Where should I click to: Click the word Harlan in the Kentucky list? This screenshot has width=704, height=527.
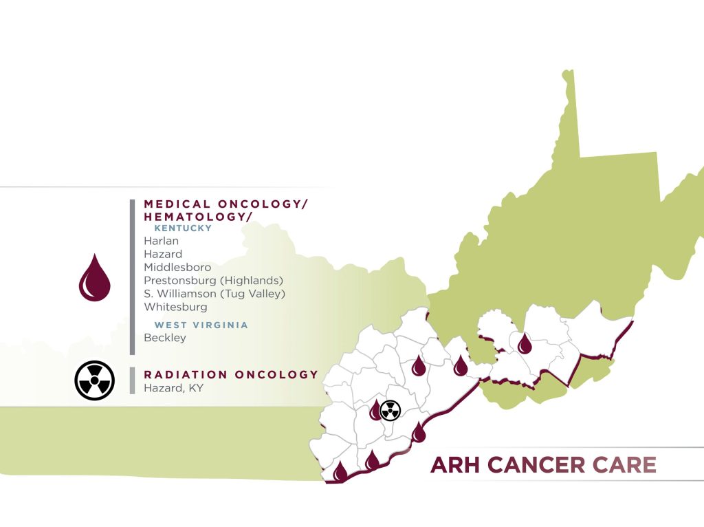[161, 241]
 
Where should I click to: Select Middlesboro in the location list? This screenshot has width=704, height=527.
[177, 267]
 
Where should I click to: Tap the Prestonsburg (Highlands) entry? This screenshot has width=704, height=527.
[213, 280]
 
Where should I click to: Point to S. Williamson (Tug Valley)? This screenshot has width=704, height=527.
[214, 294]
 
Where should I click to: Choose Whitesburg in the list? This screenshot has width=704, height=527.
[175, 307]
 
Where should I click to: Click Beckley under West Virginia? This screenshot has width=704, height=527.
[164, 338]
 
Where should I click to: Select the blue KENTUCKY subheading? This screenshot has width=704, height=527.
[183, 228]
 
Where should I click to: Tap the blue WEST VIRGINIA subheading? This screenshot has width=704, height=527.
[201, 325]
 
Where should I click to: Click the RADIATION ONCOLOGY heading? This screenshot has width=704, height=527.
[231, 375]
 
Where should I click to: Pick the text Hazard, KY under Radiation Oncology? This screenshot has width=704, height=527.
[173, 388]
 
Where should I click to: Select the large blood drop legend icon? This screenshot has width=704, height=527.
[95, 279]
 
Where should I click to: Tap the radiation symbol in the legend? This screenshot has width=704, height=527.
[94, 380]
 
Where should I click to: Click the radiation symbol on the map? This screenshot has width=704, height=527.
[390, 411]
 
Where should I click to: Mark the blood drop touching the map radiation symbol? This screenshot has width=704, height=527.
[375, 411]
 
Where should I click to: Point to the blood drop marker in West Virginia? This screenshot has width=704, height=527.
[525, 343]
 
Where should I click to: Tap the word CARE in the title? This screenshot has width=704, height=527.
[628, 465]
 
